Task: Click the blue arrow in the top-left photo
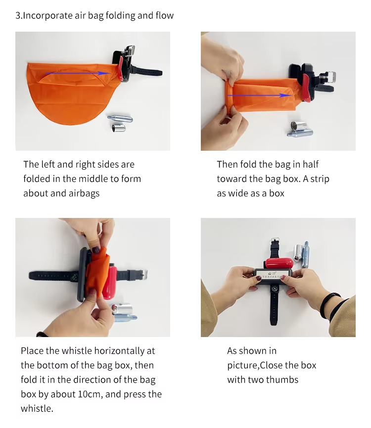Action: [78, 73]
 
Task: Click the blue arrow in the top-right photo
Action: [260, 95]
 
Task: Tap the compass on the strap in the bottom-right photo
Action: [275, 289]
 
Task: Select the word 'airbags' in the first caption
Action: [84, 193]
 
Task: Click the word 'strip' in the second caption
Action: [320, 179]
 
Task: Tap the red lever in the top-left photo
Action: [120, 69]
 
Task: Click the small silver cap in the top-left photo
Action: [119, 128]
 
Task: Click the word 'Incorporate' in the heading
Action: [48, 16]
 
